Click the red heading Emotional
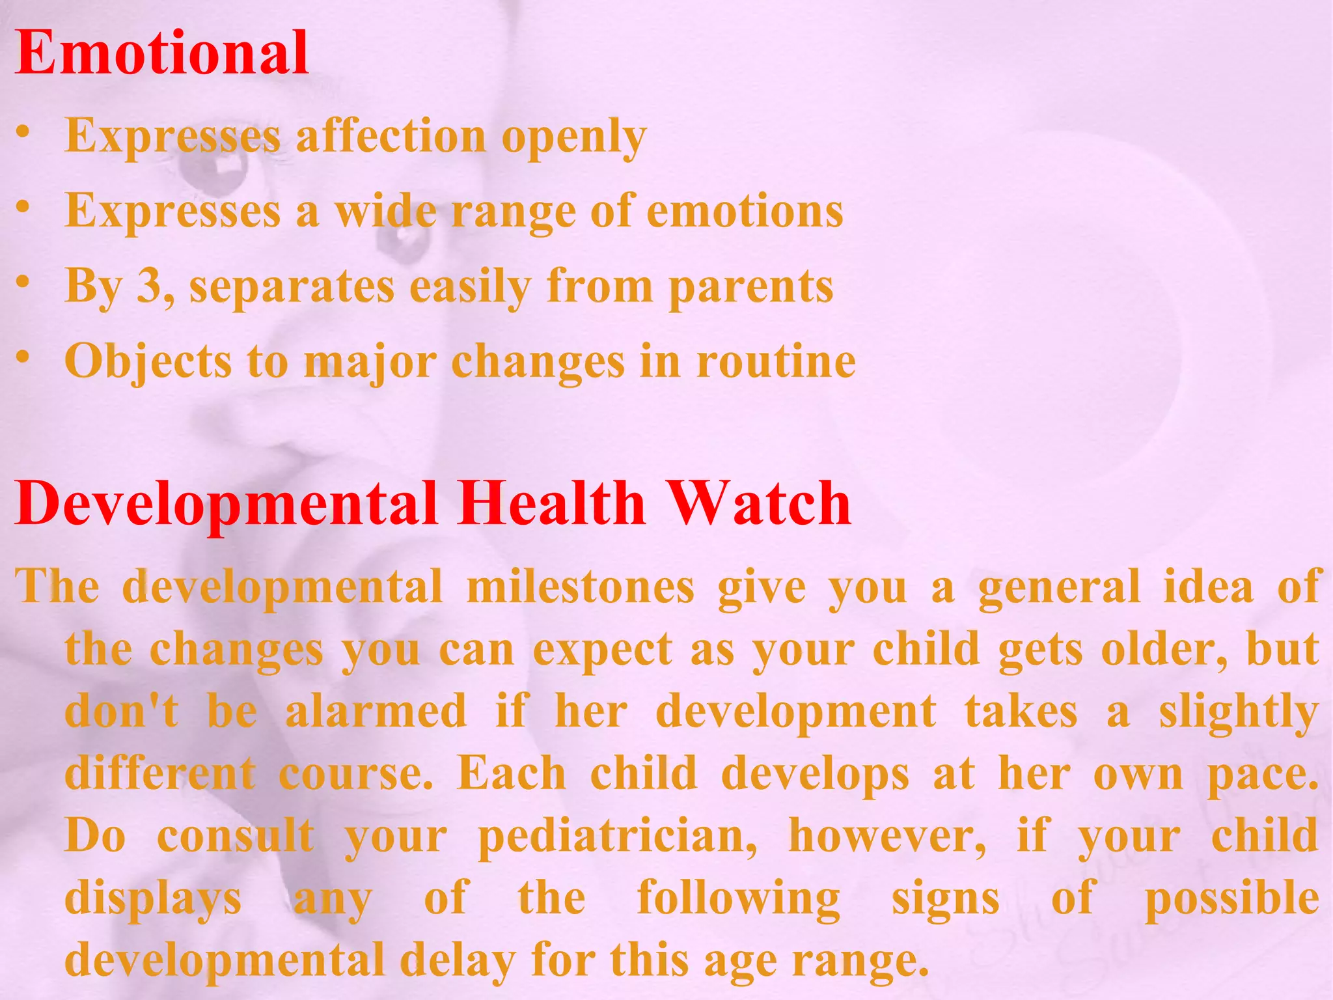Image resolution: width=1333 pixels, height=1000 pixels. (x=161, y=53)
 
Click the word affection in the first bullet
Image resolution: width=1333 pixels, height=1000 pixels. (x=391, y=137)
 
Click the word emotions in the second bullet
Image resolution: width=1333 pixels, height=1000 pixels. (x=745, y=212)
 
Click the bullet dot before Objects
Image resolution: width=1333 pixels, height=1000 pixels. (x=23, y=357)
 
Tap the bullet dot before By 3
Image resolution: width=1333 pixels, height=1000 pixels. (x=23, y=282)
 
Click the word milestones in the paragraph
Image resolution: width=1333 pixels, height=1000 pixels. (x=581, y=587)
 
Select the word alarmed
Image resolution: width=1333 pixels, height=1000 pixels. (x=376, y=711)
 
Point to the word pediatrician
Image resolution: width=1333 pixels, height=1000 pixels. (x=617, y=837)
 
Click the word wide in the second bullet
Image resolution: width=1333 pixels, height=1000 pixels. (x=385, y=212)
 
